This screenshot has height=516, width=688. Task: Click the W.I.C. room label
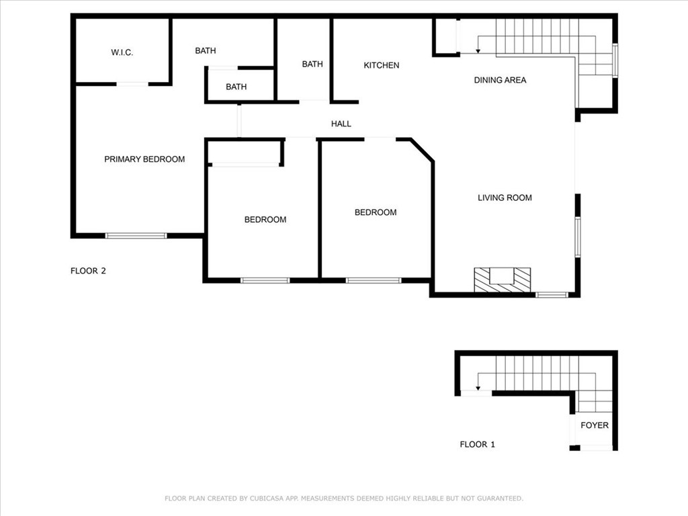(122, 52)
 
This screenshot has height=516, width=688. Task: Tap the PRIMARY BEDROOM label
(144, 159)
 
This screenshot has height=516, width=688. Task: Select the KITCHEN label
(382, 65)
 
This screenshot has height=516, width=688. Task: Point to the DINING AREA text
(500, 80)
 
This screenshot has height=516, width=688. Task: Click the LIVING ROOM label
(505, 198)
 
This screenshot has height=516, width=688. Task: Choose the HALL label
(341, 124)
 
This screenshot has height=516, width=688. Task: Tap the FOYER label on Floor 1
(595, 425)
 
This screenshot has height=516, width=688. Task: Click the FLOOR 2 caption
(89, 271)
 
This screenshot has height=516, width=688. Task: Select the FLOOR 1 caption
(478, 444)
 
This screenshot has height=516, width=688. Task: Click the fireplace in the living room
(502, 279)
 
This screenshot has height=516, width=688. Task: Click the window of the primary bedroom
(136, 236)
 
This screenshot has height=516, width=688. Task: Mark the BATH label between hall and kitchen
(312, 64)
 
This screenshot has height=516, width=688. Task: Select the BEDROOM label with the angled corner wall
(376, 212)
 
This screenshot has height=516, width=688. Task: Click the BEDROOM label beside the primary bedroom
(265, 220)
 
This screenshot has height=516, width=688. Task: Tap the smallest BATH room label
(236, 87)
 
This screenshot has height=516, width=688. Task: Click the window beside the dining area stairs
(615, 60)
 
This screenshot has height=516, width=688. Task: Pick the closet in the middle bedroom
(244, 153)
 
